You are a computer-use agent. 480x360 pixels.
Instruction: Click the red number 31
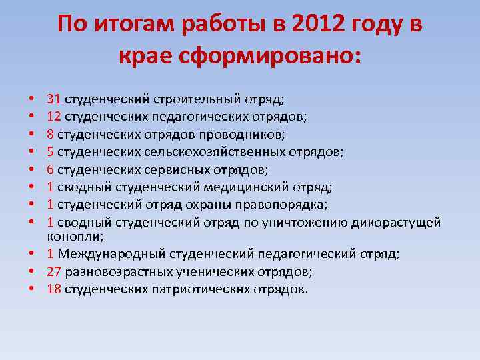coord(54,99)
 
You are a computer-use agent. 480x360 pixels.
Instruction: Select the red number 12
coord(54,117)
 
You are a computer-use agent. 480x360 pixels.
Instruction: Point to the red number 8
coord(51,134)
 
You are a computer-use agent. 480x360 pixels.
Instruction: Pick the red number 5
coord(51,151)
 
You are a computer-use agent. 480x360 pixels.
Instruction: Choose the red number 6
coord(51,169)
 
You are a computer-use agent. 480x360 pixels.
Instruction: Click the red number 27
coord(54,271)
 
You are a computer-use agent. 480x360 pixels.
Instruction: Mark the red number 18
coord(54,289)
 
